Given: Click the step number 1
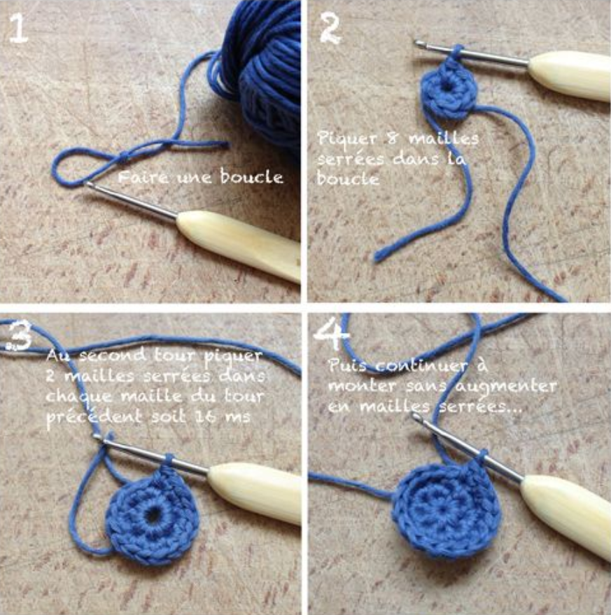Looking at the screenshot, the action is tap(18, 27).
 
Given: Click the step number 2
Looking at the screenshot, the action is tap(330, 27).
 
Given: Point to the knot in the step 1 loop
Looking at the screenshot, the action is tap(125, 157).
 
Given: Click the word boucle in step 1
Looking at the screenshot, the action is tap(251, 176).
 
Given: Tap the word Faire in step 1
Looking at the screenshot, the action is tap(143, 177).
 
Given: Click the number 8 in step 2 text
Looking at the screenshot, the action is tap(392, 139).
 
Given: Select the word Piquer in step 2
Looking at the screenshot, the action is tap(347, 139).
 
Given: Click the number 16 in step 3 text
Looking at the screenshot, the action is tap(205, 416).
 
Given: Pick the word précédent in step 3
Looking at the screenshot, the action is tap(94, 417).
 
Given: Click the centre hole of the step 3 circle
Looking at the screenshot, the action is tap(153, 512).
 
